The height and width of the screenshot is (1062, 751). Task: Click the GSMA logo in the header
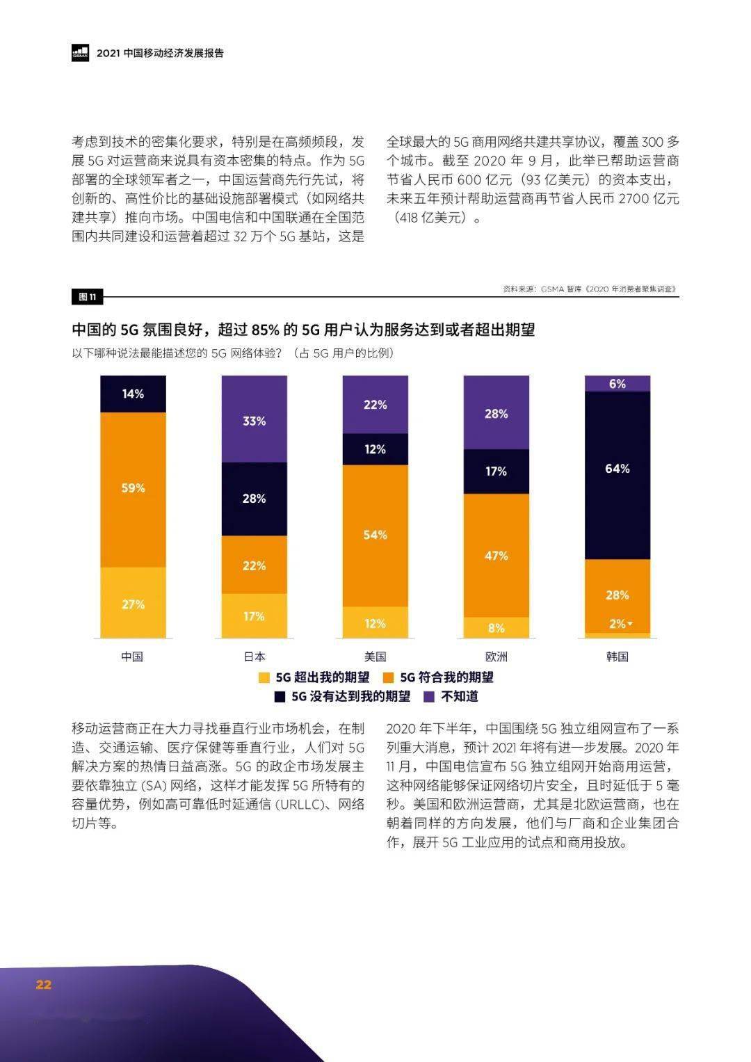click(80, 53)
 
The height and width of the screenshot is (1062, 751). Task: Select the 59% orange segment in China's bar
click(133, 489)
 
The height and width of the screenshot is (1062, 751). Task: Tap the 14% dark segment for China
click(133, 394)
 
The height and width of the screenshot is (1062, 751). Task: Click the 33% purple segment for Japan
click(254, 419)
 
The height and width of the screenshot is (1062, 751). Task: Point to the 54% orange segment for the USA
click(375, 535)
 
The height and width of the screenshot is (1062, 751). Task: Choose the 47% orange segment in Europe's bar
click(496, 555)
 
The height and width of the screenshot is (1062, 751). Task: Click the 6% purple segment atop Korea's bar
click(617, 384)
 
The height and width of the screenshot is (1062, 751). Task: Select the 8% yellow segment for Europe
click(496, 627)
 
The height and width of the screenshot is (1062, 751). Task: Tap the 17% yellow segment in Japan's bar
click(254, 616)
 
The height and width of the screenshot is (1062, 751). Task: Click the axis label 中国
click(132, 657)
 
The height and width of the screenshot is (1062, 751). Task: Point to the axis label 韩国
click(617, 657)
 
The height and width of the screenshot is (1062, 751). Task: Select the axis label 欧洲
click(496, 657)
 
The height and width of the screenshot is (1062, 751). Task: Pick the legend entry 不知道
click(451, 696)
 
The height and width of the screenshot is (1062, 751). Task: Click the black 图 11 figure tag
click(87, 297)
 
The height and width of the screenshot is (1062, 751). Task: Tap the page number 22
click(44, 984)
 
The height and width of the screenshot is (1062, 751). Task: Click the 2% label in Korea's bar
click(617, 624)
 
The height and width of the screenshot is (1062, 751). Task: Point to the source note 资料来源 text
click(590, 289)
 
